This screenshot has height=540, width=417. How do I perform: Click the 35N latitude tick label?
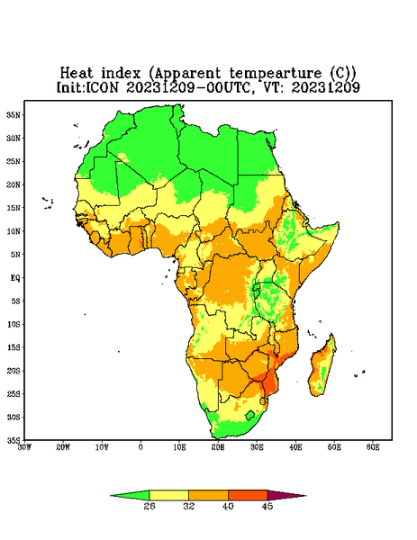coord(14,115)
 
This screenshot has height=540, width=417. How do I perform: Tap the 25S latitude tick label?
coord(14,393)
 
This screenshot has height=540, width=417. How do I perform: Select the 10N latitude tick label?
coord(14,231)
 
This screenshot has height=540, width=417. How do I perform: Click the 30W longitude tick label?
coord(24,447)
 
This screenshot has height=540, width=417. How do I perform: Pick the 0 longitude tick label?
coord(141,447)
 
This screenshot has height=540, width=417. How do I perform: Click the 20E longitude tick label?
coord(218,447)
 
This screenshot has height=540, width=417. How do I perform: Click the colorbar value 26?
coord(150,506)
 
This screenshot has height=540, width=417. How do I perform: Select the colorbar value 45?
coord(267,506)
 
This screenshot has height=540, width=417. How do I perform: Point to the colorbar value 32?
coord(189,506)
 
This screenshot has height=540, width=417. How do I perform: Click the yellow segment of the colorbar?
coord(168,495)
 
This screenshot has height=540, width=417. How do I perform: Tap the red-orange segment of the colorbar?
coord(248,495)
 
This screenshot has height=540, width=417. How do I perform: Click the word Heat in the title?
coord(77,73)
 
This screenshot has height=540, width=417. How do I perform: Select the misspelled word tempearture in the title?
coord(276,74)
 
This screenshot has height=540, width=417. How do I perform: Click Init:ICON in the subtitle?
coord(87,87)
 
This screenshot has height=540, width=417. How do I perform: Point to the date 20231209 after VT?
coord(326,87)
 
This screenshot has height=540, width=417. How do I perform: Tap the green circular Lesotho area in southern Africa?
coord(249,415)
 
